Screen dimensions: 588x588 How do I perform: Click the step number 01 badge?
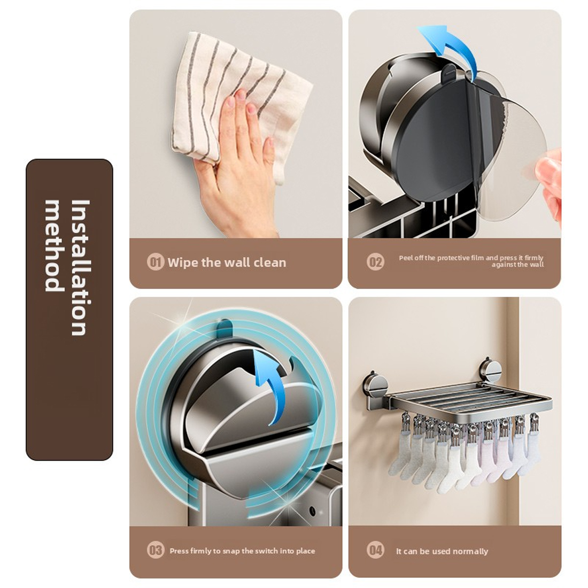155,262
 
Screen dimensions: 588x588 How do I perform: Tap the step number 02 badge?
375,261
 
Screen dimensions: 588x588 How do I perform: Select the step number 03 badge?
155,551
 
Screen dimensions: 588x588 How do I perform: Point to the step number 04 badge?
375,551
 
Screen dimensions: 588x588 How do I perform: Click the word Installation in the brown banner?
80,267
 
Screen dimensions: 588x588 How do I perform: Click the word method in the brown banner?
54,246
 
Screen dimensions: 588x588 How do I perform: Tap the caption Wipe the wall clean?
227,262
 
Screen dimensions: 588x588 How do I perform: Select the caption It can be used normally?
442,551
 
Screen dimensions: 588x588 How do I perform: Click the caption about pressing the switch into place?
242,551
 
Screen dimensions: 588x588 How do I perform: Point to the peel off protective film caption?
471,261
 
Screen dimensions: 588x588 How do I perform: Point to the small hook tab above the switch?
225,328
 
